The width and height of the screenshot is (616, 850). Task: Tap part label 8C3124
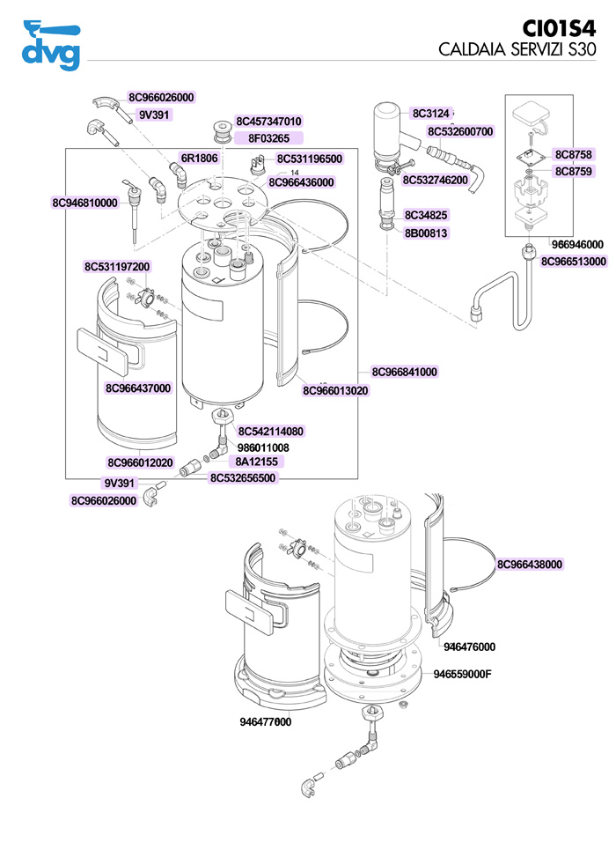[431, 114]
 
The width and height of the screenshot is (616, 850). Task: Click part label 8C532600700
[460, 132]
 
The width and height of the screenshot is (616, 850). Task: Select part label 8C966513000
[574, 262]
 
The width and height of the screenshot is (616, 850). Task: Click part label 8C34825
[426, 215]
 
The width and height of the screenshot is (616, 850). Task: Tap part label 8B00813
[426, 233]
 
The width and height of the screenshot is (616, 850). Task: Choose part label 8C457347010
[268, 122]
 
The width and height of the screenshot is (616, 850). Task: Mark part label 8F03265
[268, 138]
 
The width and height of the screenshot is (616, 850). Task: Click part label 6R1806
[199, 159]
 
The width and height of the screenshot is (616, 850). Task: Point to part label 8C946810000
[84, 203]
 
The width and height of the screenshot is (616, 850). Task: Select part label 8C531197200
[117, 267]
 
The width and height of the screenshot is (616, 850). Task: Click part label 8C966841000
[404, 373]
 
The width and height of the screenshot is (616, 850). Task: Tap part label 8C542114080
[271, 432]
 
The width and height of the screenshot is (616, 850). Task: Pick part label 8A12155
[256, 462]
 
